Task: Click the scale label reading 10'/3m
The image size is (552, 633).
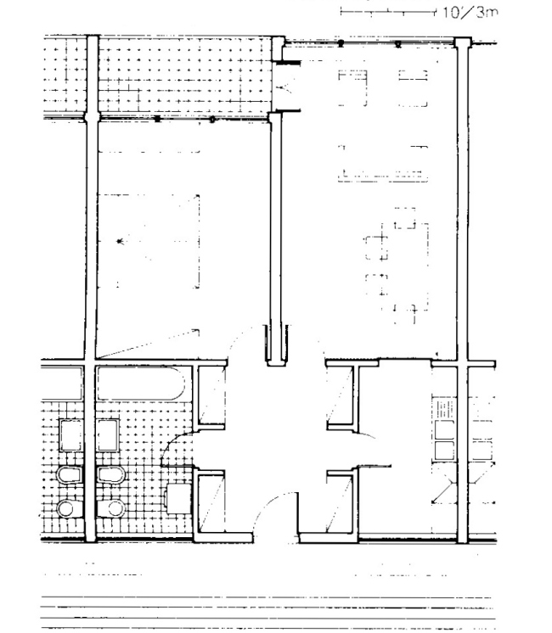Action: pyautogui.click(x=470, y=12)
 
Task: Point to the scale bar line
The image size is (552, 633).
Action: pyautogui.click(x=388, y=12)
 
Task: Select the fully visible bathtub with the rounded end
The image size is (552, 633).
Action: pyautogui.click(x=141, y=384)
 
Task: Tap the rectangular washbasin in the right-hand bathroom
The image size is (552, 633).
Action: pyautogui.click(x=108, y=435)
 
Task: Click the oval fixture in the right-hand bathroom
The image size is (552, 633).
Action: pyautogui.click(x=111, y=475)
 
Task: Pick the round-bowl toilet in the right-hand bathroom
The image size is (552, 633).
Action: pyautogui.click(x=111, y=508)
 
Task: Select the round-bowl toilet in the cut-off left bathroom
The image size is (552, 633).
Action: pyautogui.click(x=70, y=508)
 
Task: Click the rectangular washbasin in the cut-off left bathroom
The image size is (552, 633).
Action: pyautogui.click(x=71, y=435)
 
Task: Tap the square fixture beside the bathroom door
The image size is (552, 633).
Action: pyautogui.click(x=178, y=499)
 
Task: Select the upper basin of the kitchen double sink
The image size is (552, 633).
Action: pyautogui.click(x=443, y=430)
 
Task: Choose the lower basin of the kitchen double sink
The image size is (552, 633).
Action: pyautogui.click(x=443, y=451)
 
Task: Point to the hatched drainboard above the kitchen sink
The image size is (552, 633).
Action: pyautogui.click(x=443, y=409)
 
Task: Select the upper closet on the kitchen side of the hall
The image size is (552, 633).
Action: pyautogui.click(x=341, y=395)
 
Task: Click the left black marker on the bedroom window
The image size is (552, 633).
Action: pyautogui.click(x=158, y=119)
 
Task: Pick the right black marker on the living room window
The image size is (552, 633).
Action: pyautogui.click(x=398, y=44)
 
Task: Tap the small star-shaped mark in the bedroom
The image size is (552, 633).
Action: pyautogui.click(x=119, y=242)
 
